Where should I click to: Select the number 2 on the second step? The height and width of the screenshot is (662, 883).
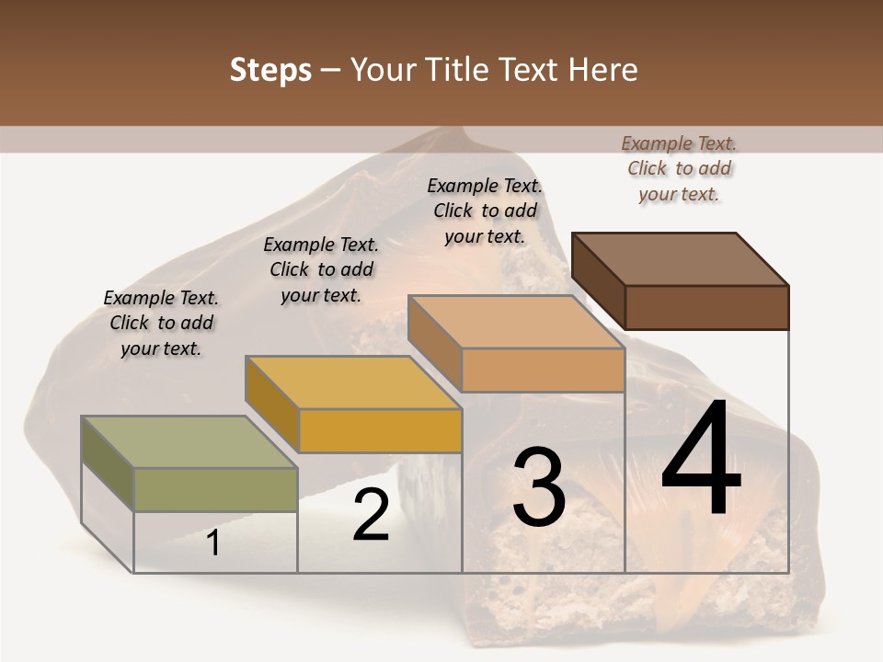pos(371,515)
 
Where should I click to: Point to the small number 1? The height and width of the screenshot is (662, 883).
pos(213,542)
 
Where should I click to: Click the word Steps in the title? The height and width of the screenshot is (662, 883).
pos(270,70)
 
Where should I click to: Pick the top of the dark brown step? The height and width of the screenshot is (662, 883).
pos(681,258)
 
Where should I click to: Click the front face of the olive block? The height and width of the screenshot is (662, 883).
pos(216,489)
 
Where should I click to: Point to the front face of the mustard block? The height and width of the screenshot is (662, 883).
pos(380,430)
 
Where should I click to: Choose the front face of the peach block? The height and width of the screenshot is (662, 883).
pos(543,371)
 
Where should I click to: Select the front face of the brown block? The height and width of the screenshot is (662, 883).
pos(706,307)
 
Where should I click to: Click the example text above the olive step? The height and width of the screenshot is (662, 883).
pos(161,324)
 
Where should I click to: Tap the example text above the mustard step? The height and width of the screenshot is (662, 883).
pos(321,270)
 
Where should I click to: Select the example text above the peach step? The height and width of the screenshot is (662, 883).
pos(485,211)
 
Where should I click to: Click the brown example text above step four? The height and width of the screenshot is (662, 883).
pos(679,168)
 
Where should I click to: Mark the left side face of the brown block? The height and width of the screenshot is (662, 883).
pos(599,281)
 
